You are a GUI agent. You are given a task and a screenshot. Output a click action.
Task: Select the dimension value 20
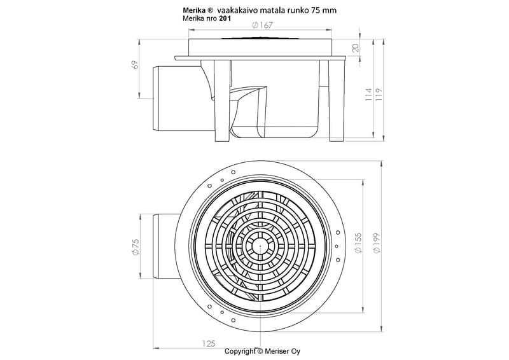[356, 48]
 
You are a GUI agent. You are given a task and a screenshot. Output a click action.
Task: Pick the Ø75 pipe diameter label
[136, 246]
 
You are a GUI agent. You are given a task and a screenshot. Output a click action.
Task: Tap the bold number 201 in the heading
[224, 18]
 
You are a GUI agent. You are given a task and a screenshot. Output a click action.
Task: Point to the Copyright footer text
[241, 351]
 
